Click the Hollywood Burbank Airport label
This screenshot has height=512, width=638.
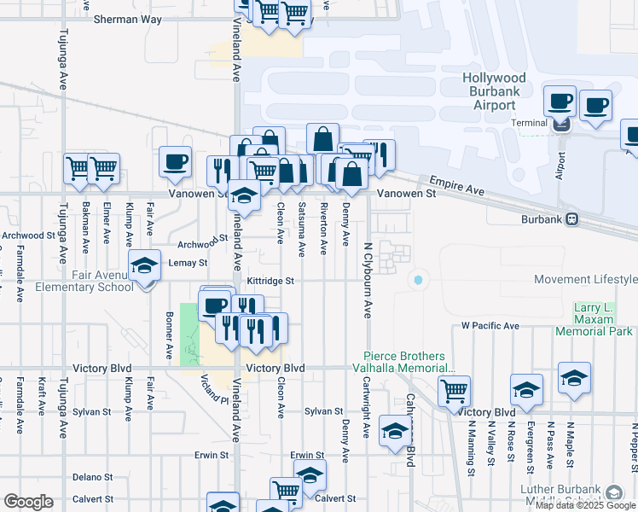tap(501, 91)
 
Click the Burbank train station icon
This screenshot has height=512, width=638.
tap(572, 219)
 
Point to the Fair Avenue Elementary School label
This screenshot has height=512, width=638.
tap(84, 281)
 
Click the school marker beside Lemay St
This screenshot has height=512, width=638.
tap(145, 267)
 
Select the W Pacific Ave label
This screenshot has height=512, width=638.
tap(490, 326)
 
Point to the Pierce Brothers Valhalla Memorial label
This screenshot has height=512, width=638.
tap(404, 362)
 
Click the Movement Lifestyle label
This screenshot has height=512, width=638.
tap(585, 280)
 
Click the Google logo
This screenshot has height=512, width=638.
tap(28, 502)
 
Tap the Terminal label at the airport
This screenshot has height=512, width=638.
tap(529, 123)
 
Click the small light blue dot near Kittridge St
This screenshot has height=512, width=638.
tap(417, 280)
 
